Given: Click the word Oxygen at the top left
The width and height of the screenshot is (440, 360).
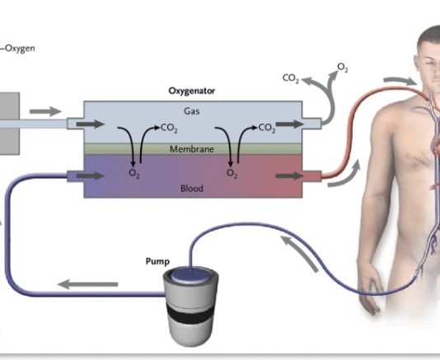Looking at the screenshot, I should pyautogui.click(x=19, y=47).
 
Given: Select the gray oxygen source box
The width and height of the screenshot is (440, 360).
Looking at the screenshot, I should pyautogui.click(x=8, y=122).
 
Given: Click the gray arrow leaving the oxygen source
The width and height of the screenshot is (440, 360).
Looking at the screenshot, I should pyautogui.click(x=44, y=110).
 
